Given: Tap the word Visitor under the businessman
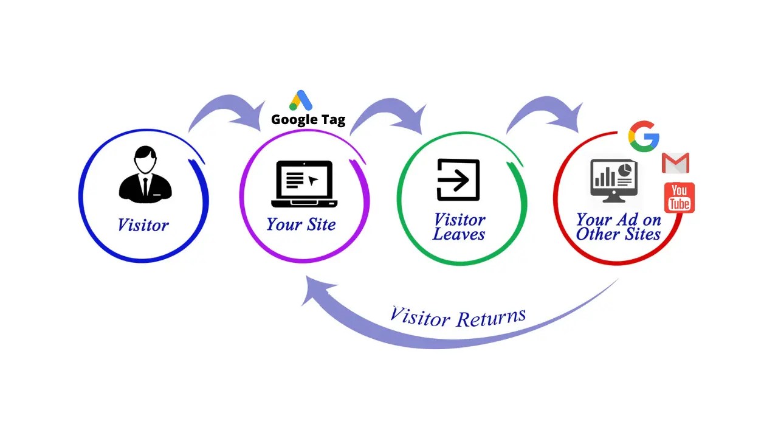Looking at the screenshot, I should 143,224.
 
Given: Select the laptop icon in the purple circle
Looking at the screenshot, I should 304,182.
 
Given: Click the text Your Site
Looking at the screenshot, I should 301,224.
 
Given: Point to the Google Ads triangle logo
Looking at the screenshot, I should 301,101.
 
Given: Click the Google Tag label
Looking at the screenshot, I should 308,120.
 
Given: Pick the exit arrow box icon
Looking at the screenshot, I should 458,180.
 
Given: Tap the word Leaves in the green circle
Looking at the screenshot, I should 459,235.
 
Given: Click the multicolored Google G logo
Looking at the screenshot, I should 644,136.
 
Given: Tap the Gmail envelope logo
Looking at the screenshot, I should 675,163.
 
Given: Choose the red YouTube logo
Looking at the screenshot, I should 679,198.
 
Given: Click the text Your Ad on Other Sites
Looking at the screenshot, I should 618,227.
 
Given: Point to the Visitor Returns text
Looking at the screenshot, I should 457,317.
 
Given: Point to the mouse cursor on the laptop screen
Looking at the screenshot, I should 313,180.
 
